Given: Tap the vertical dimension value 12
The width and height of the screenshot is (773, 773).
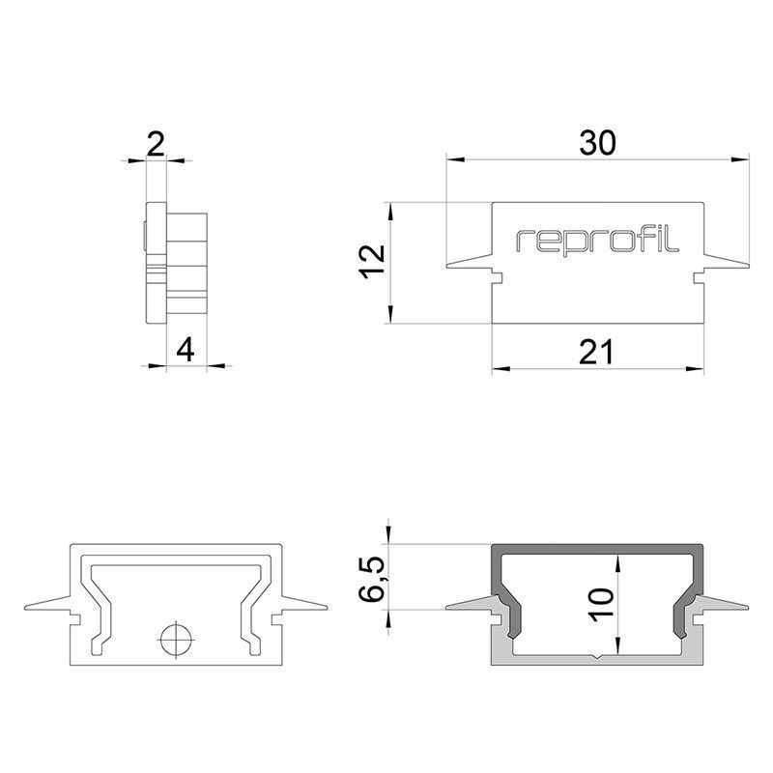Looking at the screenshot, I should pos(373,262).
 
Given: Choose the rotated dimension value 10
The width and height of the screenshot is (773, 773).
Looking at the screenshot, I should pos(600,612).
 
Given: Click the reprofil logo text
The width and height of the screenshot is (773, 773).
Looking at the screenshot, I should pos(598,242).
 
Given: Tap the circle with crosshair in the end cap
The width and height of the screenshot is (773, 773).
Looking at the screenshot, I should pos(176,639).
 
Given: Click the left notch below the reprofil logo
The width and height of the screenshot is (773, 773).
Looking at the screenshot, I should pos(498,278).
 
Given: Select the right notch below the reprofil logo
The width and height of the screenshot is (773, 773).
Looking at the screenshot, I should pos(699,278).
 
